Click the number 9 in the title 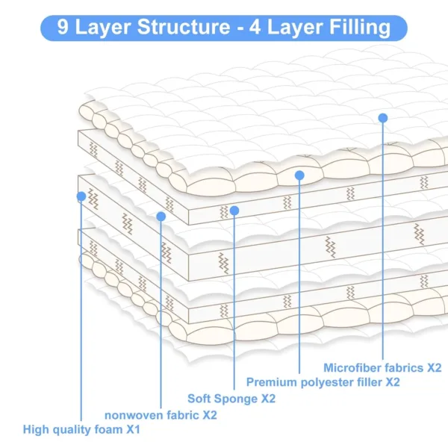click(63, 28)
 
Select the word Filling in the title click(357, 28)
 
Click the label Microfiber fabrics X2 click(382, 367)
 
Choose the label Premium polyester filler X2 click(323, 382)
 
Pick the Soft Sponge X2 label click(231, 399)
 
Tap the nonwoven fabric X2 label click(160, 414)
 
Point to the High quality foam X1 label click(81, 430)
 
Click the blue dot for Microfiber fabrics click(383, 117)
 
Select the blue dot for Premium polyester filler click(299, 175)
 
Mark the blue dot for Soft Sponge click(234, 211)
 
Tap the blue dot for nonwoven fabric click(161, 216)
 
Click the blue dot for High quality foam click(81, 196)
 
